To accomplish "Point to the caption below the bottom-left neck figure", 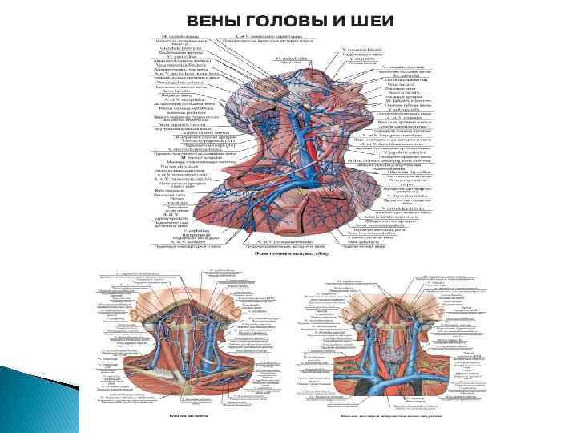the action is (188, 416).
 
